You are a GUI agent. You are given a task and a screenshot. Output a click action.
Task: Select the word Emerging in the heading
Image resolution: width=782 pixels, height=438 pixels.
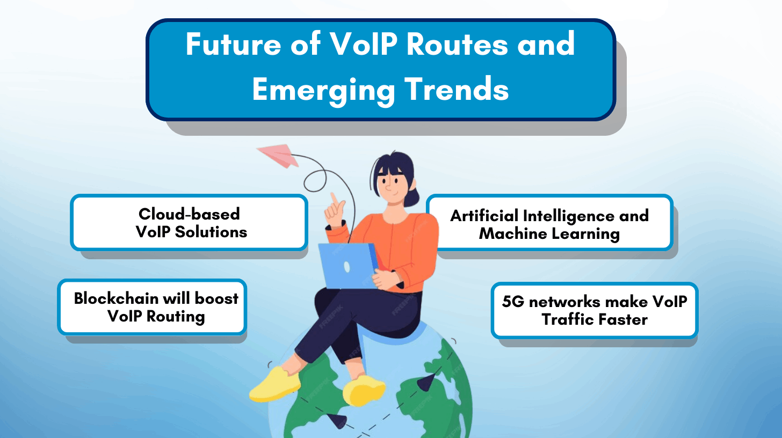click(322, 89)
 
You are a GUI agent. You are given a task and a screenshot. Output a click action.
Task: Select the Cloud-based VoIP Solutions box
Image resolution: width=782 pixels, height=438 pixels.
click(189, 222)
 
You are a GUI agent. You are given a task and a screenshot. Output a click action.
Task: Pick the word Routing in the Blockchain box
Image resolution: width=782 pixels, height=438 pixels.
click(176, 316)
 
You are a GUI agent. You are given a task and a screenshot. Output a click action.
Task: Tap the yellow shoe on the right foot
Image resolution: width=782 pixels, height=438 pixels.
click(364, 390)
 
